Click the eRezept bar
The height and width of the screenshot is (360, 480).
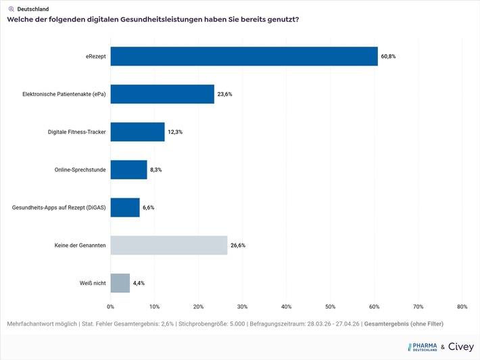tap(244, 56)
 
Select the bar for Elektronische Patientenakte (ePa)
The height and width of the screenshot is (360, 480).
tap(162, 94)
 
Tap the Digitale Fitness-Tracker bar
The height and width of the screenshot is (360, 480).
tap(137, 132)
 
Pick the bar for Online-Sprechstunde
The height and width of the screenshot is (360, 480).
tap(128, 170)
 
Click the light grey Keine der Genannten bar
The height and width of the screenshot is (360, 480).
tap(169, 245)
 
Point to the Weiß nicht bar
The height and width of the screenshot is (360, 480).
tap(120, 283)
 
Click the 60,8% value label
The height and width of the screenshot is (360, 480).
tap(388, 56)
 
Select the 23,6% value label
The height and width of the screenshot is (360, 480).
tap(224, 94)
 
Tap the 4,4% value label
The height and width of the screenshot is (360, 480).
tap(139, 283)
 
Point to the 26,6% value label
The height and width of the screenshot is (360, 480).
tap(237, 245)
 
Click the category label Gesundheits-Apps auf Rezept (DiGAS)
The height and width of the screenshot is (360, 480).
tap(59, 208)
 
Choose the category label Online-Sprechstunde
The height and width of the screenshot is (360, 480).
tap(80, 170)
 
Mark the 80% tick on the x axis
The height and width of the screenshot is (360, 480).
tap(462, 307)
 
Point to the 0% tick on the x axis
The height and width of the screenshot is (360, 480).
tap(111, 307)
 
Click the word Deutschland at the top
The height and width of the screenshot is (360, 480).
tap(33, 9)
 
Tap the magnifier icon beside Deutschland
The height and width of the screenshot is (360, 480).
tap(11, 9)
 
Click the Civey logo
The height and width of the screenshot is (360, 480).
tap(461, 346)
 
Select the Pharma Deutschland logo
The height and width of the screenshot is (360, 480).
tap(423, 346)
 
